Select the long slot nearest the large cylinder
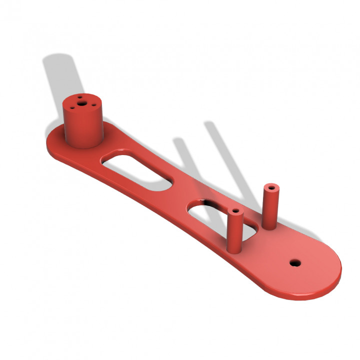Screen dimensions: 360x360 pyautogui.click(x=137, y=170)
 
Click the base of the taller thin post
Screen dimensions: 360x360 pyautogui.click(x=268, y=225)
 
